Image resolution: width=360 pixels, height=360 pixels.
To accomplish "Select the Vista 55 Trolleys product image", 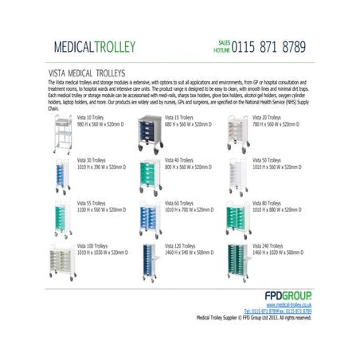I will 62,217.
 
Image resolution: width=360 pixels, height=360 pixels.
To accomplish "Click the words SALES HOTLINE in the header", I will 222,46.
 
